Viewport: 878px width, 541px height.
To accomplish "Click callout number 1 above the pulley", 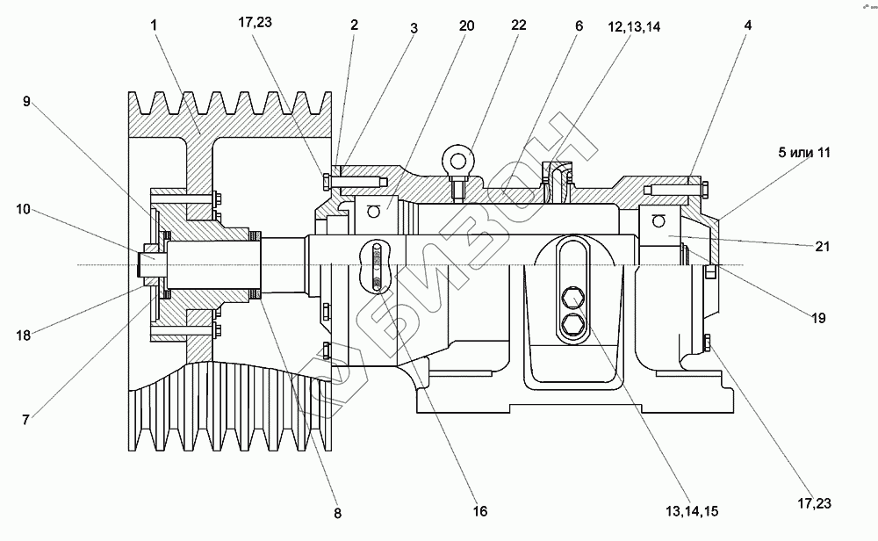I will click(155, 25).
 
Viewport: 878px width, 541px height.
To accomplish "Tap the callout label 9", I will click(27, 101).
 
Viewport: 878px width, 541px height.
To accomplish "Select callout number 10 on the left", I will click(23, 209).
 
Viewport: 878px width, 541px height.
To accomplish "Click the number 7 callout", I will click(27, 420).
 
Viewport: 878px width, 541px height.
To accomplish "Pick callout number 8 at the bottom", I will click(338, 512).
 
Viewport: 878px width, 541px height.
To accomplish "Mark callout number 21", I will click(822, 247).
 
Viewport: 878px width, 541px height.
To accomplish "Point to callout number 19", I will click(817, 318).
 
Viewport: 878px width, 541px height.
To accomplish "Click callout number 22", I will click(519, 25).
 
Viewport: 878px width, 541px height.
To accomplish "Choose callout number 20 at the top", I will click(466, 25).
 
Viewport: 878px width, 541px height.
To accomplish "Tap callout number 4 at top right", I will click(747, 25).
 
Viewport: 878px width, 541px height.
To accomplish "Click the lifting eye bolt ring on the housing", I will click(456, 159).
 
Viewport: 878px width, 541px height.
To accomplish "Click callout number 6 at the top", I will click(579, 25).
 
